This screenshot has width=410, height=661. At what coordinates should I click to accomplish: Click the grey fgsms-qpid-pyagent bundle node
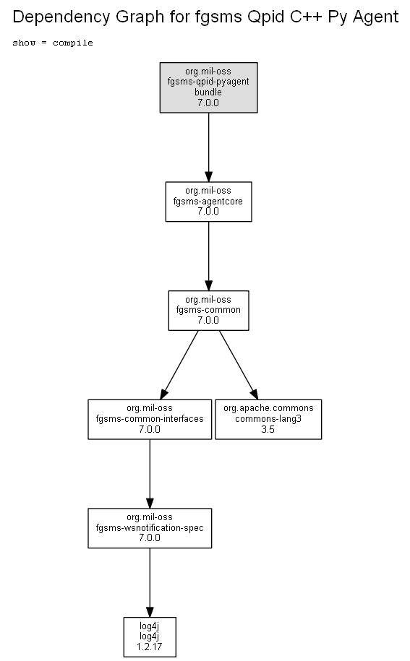[x=208, y=87]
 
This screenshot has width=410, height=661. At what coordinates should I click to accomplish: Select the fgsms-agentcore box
[x=208, y=202]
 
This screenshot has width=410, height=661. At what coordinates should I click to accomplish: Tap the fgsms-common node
[x=208, y=310]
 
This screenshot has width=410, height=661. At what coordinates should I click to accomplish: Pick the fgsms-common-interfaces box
[x=150, y=420]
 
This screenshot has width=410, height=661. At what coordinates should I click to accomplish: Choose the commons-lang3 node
[x=268, y=420]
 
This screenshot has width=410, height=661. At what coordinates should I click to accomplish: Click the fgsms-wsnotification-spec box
[x=150, y=528]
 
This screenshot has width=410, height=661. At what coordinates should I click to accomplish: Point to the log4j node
[x=150, y=637]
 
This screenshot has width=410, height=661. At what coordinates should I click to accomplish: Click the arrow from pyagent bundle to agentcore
[x=208, y=147]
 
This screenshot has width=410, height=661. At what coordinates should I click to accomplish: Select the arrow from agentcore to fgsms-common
[x=208, y=256]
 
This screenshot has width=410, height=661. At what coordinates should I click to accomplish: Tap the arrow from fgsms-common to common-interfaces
[x=179, y=365]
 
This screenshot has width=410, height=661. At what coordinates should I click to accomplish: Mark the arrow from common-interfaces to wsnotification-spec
[x=150, y=474]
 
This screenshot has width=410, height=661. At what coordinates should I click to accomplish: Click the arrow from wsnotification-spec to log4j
[x=150, y=583]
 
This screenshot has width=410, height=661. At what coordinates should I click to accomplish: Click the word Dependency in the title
[x=62, y=17]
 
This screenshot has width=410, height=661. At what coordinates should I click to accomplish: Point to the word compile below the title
[x=72, y=43]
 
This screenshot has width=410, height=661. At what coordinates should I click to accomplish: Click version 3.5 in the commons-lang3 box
[x=268, y=430]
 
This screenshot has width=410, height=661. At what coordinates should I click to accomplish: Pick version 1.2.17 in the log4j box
[x=149, y=647]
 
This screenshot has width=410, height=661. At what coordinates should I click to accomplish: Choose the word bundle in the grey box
[x=208, y=92]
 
